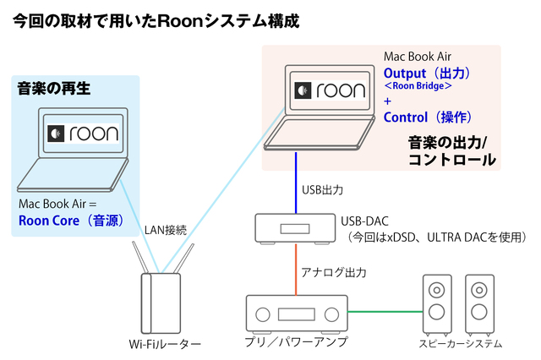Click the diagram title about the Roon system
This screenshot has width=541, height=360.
coord(156,19)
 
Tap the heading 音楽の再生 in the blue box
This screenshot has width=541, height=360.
coord(53,87)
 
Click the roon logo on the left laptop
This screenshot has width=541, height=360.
coord(82,134)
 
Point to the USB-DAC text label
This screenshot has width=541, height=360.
coord(364,221)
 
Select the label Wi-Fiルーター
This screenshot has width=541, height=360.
coord(165,344)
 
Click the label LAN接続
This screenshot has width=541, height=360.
coord(165,228)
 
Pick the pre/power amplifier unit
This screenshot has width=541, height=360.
coord(296,314)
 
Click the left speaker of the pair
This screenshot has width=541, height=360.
coord(437,303)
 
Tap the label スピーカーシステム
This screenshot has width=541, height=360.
coord(461,344)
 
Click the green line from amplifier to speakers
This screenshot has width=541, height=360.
coord(385,312)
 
